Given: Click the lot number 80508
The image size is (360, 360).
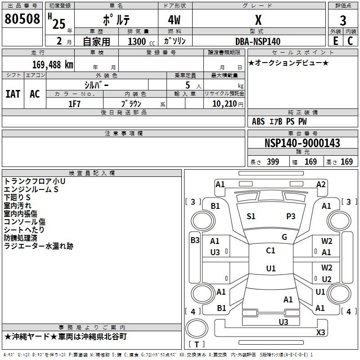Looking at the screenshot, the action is tap(22, 19).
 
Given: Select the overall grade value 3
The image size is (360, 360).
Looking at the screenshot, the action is tap(343, 21).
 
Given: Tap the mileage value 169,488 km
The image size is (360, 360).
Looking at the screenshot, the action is tap(53, 64).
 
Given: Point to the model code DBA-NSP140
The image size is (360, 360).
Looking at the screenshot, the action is tap(258, 41).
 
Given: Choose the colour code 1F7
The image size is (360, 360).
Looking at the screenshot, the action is tap(74, 103).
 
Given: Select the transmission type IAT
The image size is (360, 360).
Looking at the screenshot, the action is tap(13, 94).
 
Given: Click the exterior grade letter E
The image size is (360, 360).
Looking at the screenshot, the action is tap(335, 41).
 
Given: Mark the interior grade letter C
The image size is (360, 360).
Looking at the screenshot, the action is tap(350, 41).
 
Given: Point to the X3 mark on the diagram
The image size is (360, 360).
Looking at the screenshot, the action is tap(320, 333).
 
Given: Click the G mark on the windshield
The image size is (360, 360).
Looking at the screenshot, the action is tap(284, 237).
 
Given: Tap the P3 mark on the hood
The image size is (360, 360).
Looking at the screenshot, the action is tap(291, 216).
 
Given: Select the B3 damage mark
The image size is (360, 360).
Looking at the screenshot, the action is tap(194, 240).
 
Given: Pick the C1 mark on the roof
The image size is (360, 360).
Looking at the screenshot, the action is tap(270, 251).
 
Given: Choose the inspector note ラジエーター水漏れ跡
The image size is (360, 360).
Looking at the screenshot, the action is tap(38, 246).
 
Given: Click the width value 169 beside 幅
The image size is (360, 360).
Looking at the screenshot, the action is tap(310, 162).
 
